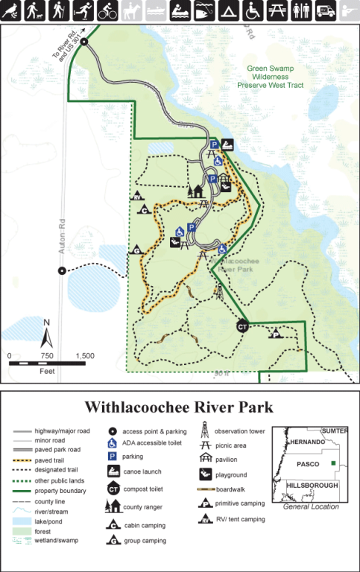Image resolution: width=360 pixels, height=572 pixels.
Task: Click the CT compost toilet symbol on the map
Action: tap(241, 326)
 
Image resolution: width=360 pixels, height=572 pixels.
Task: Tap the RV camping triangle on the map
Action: tap(138, 197)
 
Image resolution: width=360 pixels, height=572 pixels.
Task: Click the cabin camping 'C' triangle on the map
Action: tap(145, 210)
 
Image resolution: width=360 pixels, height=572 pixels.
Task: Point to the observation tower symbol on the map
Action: tap(219, 290)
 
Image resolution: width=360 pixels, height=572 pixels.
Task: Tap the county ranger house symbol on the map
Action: tap(198, 191)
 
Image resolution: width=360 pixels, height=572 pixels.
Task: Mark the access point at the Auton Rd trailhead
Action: tap(62, 271)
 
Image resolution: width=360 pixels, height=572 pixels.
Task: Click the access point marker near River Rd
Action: tap(84, 42)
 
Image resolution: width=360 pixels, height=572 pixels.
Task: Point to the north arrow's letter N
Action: tap(45, 322)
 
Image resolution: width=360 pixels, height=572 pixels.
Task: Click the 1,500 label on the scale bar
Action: tap(84, 356)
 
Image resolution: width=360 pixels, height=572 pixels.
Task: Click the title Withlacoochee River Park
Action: tap(178, 407)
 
